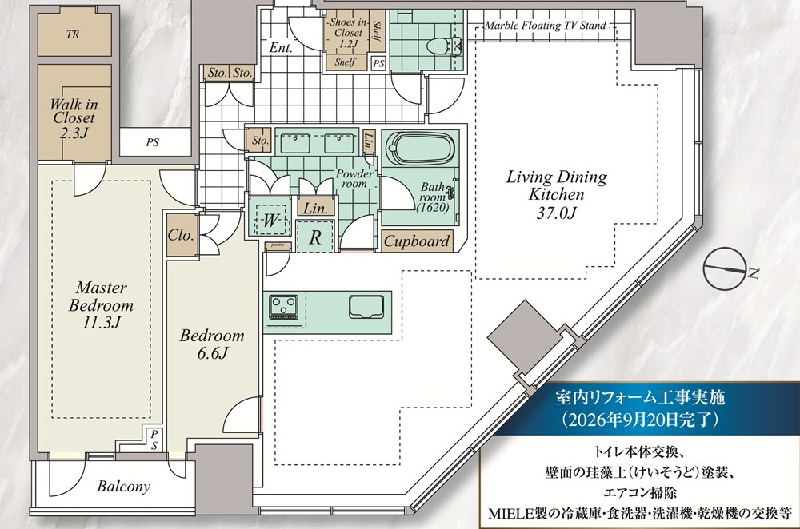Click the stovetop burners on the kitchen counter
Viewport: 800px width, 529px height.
283,308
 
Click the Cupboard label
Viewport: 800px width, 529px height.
416,241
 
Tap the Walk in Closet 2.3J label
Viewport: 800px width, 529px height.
74,117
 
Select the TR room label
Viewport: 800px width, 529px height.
73,34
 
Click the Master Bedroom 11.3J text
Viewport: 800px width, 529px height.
101,304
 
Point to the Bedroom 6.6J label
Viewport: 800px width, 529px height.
212,344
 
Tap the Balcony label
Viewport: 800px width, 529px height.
124,486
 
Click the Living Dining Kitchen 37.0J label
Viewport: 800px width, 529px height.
557,194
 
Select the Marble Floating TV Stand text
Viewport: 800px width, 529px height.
546,25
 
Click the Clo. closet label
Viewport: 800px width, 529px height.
181,236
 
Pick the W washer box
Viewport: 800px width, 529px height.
270,220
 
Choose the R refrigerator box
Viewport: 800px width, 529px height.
315,237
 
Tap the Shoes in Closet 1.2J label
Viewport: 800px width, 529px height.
347,33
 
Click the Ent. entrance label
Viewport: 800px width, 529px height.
281,48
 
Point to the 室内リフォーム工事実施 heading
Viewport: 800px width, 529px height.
640,397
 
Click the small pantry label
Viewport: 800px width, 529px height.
278,245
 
